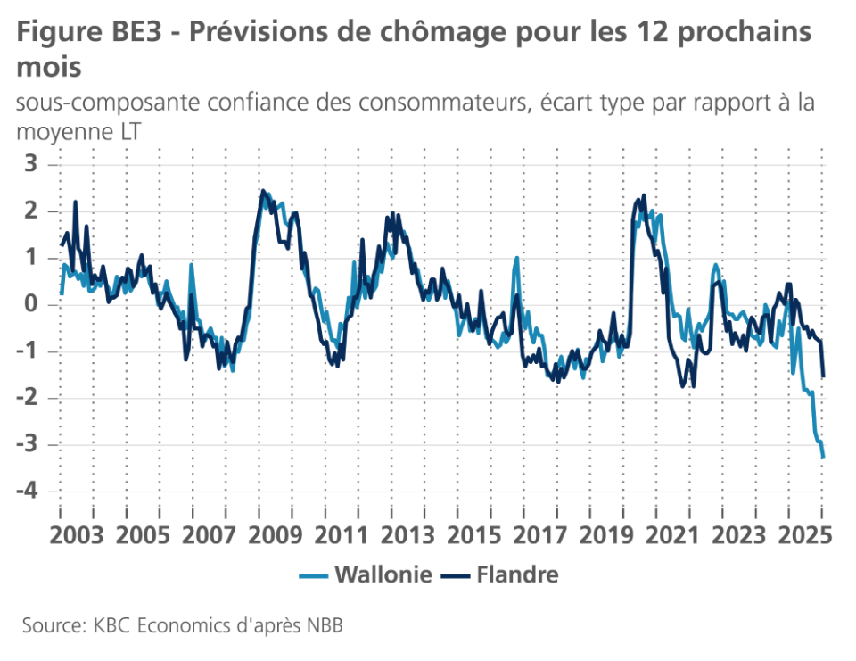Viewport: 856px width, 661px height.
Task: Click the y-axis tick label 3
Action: [x=31, y=164]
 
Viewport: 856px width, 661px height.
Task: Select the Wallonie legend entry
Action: [x=383, y=574]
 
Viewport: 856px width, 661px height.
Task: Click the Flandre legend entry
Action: [x=517, y=574]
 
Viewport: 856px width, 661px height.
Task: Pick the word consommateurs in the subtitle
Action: [x=440, y=102]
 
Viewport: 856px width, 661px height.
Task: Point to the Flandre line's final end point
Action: [x=824, y=376]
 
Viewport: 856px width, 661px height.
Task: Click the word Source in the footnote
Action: [x=49, y=625]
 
